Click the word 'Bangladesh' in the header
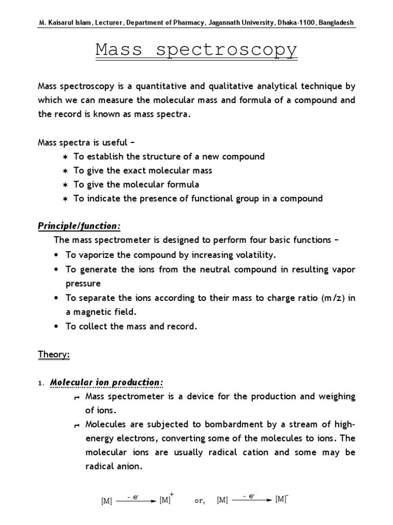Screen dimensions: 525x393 pyautogui.click(x=336, y=23)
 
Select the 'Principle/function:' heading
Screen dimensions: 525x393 pyautogui.click(x=80, y=226)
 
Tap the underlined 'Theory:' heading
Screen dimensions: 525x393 pyautogui.click(x=54, y=354)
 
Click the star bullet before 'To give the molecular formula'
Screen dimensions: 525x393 pyautogui.click(x=65, y=185)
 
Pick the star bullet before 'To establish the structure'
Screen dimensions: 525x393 pyautogui.click(x=65, y=157)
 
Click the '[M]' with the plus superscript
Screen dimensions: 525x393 pyautogui.click(x=165, y=500)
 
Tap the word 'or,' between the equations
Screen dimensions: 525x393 pyautogui.click(x=200, y=501)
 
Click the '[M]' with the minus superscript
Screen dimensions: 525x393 pyautogui.click(x=280, y=499)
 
